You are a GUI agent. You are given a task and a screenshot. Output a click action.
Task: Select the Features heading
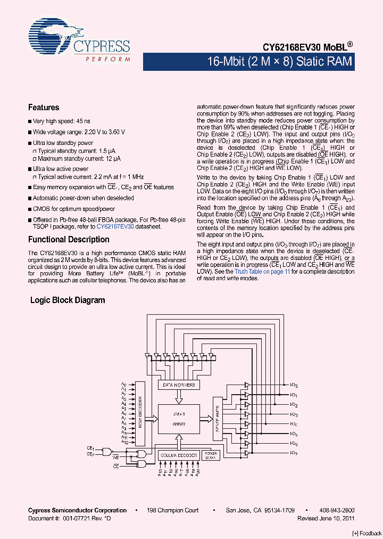coord(44,108)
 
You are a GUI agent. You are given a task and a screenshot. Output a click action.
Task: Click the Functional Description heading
coord(69,240)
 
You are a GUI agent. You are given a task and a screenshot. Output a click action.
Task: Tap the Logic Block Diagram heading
coord(68,300)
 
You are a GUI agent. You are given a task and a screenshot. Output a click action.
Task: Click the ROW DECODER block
coord(140,412)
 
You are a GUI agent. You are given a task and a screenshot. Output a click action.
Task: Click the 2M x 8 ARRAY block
coord(179,418)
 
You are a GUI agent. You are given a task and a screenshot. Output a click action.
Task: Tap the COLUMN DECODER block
coord(178,455)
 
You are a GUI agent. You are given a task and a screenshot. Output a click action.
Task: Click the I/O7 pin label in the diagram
coord(294,453)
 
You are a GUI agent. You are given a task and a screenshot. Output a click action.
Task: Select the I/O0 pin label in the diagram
coord(294,385)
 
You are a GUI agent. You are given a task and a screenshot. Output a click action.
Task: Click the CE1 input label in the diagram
coord(90,448)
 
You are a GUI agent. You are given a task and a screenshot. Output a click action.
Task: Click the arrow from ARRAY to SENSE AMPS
coord(206,419)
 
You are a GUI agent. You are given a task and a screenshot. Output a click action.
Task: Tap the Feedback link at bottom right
coord(367,533)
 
